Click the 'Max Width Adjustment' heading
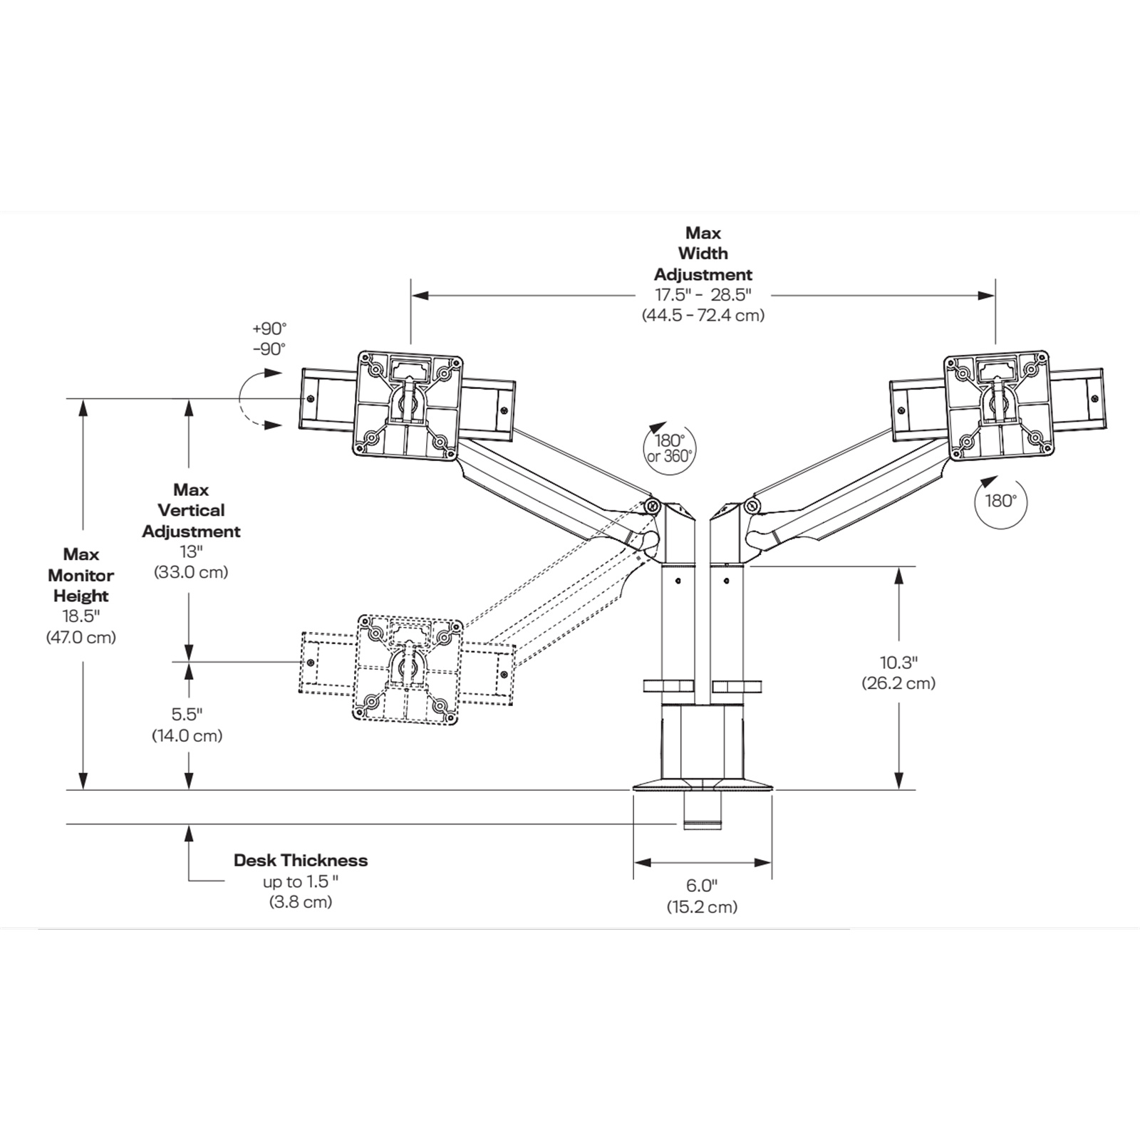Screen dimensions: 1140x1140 pos(703,254)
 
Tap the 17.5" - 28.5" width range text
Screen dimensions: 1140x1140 pos(703,294)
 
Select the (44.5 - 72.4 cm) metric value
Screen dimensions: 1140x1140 pos(703,315)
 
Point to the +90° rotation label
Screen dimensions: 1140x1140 pos(269,328)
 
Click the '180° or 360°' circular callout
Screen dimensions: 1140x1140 pos(670,448)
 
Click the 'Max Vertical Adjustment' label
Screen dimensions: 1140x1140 pos(191,511)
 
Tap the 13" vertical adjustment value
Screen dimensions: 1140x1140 pos(191,551)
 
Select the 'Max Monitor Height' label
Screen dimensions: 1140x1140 pos(81,575)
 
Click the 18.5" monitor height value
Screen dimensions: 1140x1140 pos(81,616)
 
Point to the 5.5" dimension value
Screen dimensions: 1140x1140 pos(187,714)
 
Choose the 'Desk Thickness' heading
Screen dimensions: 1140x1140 pos(301,860)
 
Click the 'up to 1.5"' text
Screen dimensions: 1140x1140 pos(301,881)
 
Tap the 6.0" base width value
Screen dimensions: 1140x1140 pos(702,886)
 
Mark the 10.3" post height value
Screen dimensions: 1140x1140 pos(898,663)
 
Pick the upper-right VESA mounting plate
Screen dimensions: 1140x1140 pos(997,404)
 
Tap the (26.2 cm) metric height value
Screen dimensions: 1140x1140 pos(898,683)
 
